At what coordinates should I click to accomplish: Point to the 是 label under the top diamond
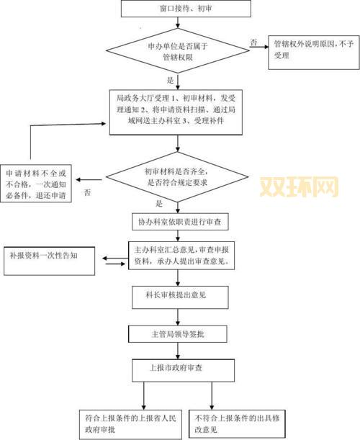coord(171,80)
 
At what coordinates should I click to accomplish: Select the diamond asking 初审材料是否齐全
coord(179,177)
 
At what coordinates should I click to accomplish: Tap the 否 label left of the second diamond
coord(87,192)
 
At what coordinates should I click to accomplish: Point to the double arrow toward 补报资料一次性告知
coord(113,259)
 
